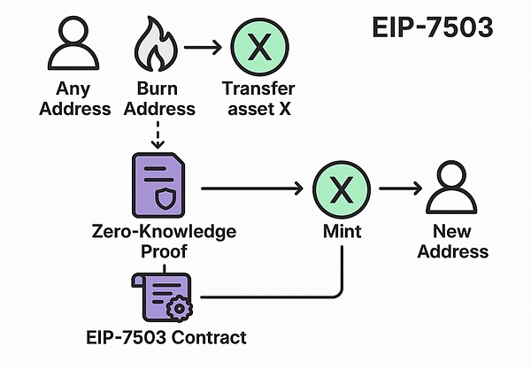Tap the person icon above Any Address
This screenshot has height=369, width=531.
pos(74,45)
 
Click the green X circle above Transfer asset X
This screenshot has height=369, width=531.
pos(258,45)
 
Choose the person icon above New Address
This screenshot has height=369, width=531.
pos(454,188)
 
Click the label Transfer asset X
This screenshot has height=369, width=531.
pos(259,98)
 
